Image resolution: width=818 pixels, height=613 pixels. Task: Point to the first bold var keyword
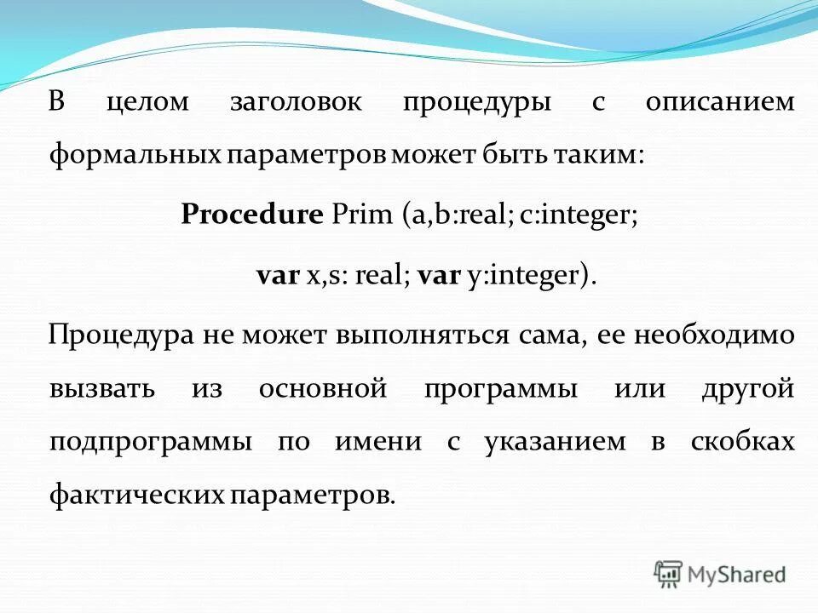tap(278, 275)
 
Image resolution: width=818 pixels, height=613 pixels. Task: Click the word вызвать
tap(102, 389)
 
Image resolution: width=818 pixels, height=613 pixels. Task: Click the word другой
tap(747, 389)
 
